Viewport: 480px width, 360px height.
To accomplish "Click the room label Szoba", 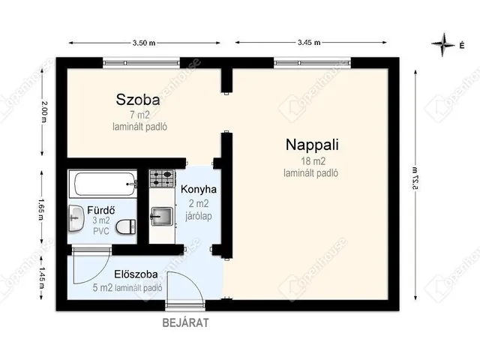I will click(x=137, y=99).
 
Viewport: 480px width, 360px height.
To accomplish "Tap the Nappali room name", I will click(x=311, y=145).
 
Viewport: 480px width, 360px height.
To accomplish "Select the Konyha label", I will click(x=193, y=190).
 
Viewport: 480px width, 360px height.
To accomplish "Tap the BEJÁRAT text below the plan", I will click(x=185, y=323).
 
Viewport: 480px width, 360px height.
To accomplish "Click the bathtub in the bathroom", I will click(x=103, y=181).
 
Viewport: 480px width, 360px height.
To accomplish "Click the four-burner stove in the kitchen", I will click(x=162, y=178).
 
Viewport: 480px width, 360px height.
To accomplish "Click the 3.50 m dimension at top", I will click(x=144, y=43).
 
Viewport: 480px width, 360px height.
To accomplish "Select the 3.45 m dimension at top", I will click(x=308, y=43).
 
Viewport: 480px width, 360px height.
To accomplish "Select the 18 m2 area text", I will click(x=311, y=161).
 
